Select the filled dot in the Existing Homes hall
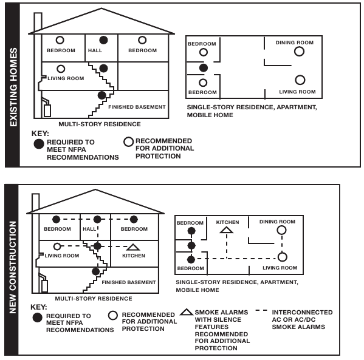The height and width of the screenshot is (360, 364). (x=103, y=39)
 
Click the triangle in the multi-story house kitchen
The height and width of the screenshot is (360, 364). (x=133, y=247)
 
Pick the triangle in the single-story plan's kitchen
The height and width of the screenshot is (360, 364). (x=226, y=230)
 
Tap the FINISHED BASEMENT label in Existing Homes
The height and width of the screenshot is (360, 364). (x=137, y=107)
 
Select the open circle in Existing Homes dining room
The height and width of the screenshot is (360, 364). (x=298, y=52)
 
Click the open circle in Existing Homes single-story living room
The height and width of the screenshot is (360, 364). (x=299, y=80)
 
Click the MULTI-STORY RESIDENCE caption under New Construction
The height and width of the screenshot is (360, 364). (x=93, y=299)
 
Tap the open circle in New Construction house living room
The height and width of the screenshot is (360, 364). (x=57, y=246)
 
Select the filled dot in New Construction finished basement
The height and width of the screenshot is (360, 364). (x=95, y=271)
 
